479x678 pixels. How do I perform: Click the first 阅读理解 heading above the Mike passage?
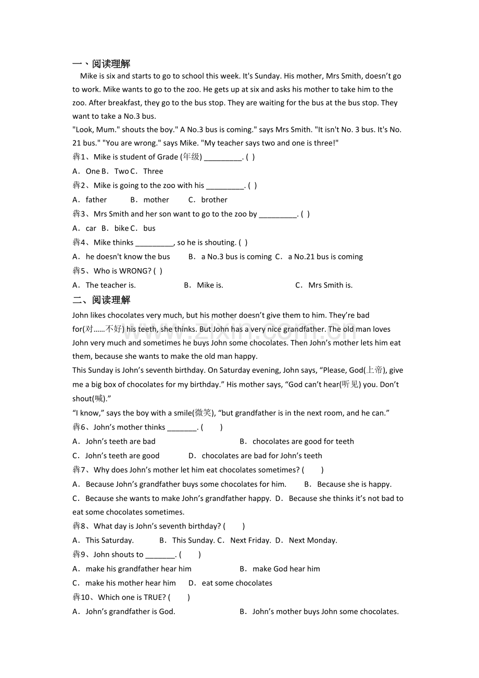pos(111,64)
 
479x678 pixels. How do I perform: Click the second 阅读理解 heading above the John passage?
pos(111,300)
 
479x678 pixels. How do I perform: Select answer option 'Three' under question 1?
pos(153,171)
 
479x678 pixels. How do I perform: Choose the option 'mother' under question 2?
pos(156,200)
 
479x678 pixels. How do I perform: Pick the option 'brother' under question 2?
pos(214,200)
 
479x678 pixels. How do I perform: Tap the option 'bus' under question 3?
pos(149,229)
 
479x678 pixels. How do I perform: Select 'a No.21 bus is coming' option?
pos(325,257)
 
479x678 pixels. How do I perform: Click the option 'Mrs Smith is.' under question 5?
pos(330,285)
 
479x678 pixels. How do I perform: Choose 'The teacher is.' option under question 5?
pos(110,285)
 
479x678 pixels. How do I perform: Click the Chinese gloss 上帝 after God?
pos(374,370)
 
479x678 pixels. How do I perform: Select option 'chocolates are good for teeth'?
pos(303,442)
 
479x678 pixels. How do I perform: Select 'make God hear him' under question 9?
pos(286,569)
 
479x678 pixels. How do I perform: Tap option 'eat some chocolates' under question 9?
pos(237,583)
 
